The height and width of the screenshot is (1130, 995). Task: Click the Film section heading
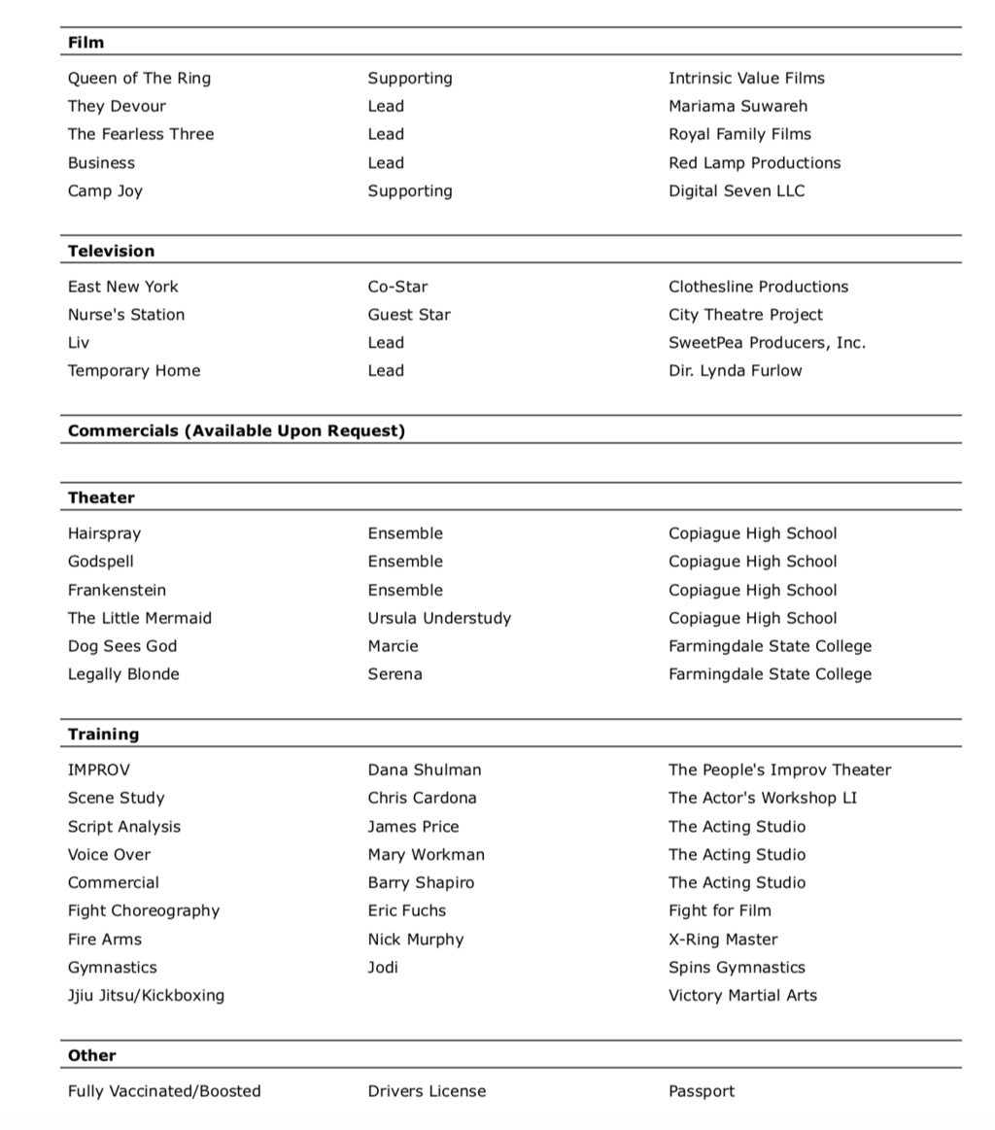click(x=86, y=43)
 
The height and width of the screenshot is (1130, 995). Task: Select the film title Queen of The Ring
click(x=139, y=79)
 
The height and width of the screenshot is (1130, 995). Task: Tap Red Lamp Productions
click(x=754, y=163)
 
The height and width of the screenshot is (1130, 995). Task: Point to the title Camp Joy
click(x=105, y=191)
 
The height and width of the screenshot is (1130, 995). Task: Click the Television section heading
click(x=111, y=252)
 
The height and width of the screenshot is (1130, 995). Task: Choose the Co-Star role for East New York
click(x=397, y=287)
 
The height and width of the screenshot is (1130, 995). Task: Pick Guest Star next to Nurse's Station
click(x=409, y=315)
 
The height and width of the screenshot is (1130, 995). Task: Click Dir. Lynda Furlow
click(x=735, y=371)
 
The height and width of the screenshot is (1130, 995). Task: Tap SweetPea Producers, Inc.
click(x=767, y=343)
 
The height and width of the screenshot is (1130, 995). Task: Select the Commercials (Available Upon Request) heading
click(x=236, y=430)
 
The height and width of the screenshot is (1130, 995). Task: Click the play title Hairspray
click(x=104, y=533)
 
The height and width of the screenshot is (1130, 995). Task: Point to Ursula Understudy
click(x=439, y=618)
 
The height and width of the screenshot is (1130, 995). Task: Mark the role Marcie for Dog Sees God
click(x=393, y=646)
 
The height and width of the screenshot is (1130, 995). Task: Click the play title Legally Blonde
click(x=123, y=674)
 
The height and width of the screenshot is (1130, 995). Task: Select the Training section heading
click(x=103, y=735)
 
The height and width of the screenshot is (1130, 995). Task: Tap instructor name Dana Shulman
click(x=424, y=770)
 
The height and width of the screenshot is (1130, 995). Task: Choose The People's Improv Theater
click(x=779, y=770)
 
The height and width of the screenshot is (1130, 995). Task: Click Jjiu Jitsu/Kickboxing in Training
click(x=146, y=996)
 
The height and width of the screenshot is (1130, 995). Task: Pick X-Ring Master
click(x=723, y=940)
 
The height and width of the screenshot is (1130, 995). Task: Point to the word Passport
click(x=702, y=1092)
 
